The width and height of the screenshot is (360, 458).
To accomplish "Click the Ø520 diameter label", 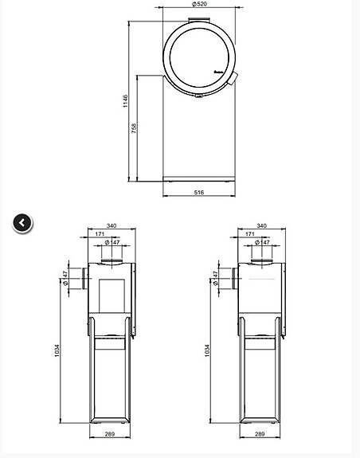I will pos(198,4).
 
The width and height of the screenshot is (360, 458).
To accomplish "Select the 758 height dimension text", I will pos(135,127).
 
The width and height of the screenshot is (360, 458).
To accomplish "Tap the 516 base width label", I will pos(199,192).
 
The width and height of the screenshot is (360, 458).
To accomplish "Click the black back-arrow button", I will pos(22,223).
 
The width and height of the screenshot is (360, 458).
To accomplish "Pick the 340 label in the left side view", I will pos(111,226).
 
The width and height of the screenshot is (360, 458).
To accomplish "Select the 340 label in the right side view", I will pos(262,226).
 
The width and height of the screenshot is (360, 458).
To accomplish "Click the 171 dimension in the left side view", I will pos(100,234).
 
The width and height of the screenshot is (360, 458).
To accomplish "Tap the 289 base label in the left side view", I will pos(111,435).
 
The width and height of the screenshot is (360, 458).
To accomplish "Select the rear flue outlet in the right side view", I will pos(233,278).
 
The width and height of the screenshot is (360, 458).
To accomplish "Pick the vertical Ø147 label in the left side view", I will pos(65,278).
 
